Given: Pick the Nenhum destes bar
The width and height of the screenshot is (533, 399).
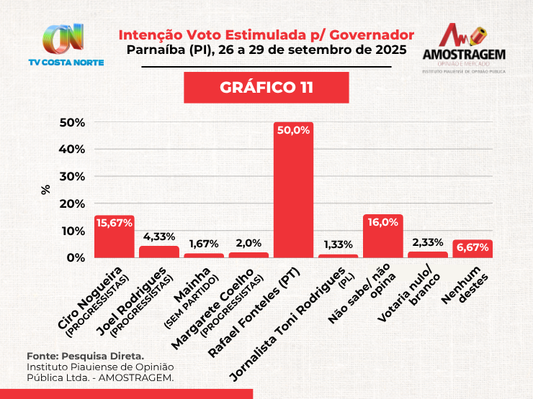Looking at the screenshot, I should (472, 249).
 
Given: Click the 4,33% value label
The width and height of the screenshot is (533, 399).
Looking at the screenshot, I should (158, 235).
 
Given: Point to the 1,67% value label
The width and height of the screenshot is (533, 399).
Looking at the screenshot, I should (204, 243).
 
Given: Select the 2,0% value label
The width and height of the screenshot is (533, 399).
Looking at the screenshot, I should (248, 242).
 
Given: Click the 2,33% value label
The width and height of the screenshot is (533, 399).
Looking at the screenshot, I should (428, 242).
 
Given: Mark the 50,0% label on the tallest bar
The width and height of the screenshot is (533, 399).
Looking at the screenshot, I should (293, 130).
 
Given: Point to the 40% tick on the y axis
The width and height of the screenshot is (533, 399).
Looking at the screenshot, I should (72, 150).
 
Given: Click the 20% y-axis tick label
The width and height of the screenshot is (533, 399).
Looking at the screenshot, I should (72, 204).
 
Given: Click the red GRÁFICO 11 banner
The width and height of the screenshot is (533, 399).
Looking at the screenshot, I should (266, 88).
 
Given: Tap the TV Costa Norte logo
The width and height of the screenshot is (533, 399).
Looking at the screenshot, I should (66, 45).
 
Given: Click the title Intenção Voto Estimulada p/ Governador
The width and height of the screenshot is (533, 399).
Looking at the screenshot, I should (266, 35).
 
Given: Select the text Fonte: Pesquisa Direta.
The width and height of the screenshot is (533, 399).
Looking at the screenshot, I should (86, 356).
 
